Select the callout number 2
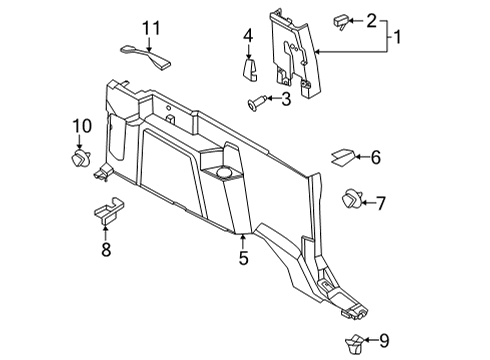[x=371, y=19]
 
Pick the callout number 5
[x=242, y=259]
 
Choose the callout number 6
[x=376, y=157]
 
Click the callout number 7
[x=381, y=203]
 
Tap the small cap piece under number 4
[x=250, y=70]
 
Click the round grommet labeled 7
[x=352, y=200]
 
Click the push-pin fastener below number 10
[x=78, y=157]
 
